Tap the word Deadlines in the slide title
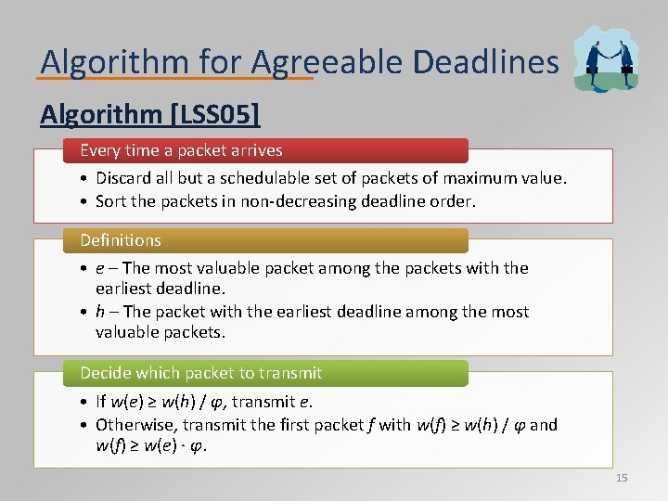point(485,62)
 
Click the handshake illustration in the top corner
point(607,58)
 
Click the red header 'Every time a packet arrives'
point(181,150)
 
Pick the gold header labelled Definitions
point(121,240)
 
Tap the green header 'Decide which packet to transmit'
point(200,373)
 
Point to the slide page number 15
point(621,478)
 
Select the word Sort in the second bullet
point(111,200)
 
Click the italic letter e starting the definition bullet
point(99,268)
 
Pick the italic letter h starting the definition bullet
point(99,313)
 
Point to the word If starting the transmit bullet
point(100,402)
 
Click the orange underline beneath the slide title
point(176,78)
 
